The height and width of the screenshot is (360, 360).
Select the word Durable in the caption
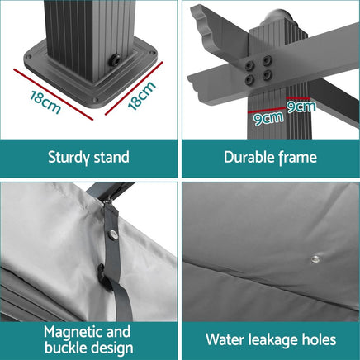[x=249, y=157]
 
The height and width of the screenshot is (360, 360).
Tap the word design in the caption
[x=114, y=348]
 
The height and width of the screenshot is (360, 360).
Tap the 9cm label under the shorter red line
[x=301, y=107]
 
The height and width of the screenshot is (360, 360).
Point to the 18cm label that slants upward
[x=141, y=96]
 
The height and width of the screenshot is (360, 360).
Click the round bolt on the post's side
[x=113, y=60]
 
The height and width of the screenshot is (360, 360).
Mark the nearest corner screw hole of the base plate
[x=95, y=100]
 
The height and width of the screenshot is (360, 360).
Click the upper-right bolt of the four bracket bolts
[x=267, y=60]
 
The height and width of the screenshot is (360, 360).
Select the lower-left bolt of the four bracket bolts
[x=250, y=80]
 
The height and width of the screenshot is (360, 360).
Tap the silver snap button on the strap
[x=113, y=234]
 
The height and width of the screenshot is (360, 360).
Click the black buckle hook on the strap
[x=103, y=277]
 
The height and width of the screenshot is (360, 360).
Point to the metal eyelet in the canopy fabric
[x=315, y=258]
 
